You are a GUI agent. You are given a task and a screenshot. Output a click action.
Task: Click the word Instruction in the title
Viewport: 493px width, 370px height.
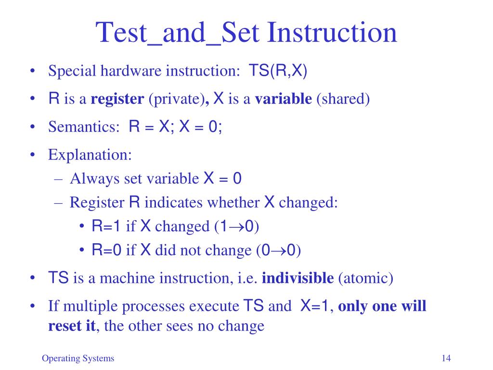pos(332,32)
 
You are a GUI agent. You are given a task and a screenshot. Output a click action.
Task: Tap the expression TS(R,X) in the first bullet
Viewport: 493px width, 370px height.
pos(278,71)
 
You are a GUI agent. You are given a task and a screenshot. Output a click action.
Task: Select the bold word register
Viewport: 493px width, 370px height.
pos(117,99)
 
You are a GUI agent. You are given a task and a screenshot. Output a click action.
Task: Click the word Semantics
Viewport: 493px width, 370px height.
pos(83,127)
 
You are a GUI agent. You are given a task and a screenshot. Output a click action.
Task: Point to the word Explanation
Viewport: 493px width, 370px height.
pos(90,155)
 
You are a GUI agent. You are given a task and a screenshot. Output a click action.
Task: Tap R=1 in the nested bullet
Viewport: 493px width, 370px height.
pos(106,226)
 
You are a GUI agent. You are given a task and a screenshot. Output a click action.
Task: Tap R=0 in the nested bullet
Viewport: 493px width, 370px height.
pos(106,250)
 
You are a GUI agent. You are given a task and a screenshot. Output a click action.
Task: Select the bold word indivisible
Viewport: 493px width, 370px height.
pos(298,278)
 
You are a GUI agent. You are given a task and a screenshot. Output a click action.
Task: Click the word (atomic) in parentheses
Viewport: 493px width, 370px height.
pos(365,278)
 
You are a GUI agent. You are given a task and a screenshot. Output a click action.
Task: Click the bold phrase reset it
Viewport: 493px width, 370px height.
pos(72,326)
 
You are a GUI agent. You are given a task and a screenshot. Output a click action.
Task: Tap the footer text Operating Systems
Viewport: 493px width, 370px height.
pos(78,358)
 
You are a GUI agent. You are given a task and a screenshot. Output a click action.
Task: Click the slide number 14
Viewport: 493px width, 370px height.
pos(445,358)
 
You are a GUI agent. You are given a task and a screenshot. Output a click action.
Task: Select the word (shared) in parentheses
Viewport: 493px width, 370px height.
pos(343,99)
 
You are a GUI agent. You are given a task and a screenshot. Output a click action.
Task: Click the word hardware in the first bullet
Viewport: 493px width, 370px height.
pos(130,71)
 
